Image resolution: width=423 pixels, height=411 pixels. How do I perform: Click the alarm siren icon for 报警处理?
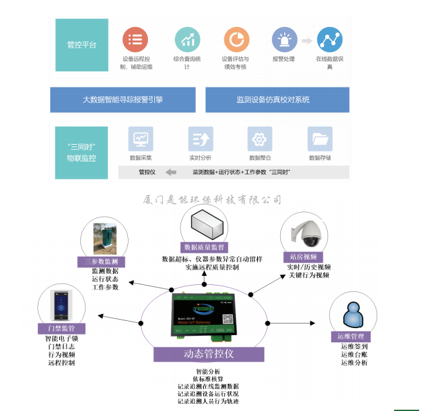coord(284,39)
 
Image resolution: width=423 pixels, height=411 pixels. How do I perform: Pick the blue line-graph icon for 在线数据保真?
coord(330,39)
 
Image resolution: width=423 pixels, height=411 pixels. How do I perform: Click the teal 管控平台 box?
coord(82,44)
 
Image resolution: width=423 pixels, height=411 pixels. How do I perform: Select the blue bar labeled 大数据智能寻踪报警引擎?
coord(123,100)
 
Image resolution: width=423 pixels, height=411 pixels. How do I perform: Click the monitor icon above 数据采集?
coord(140,139)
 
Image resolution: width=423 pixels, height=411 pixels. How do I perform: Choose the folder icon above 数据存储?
coord(319,139)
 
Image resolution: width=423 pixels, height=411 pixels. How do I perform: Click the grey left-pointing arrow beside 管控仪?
coord(171,172)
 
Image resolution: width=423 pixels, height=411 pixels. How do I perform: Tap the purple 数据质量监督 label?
coord(204,246)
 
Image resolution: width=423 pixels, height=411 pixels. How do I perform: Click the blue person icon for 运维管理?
coord(350,315)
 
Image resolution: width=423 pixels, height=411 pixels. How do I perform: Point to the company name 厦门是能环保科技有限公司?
coord(212,200)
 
